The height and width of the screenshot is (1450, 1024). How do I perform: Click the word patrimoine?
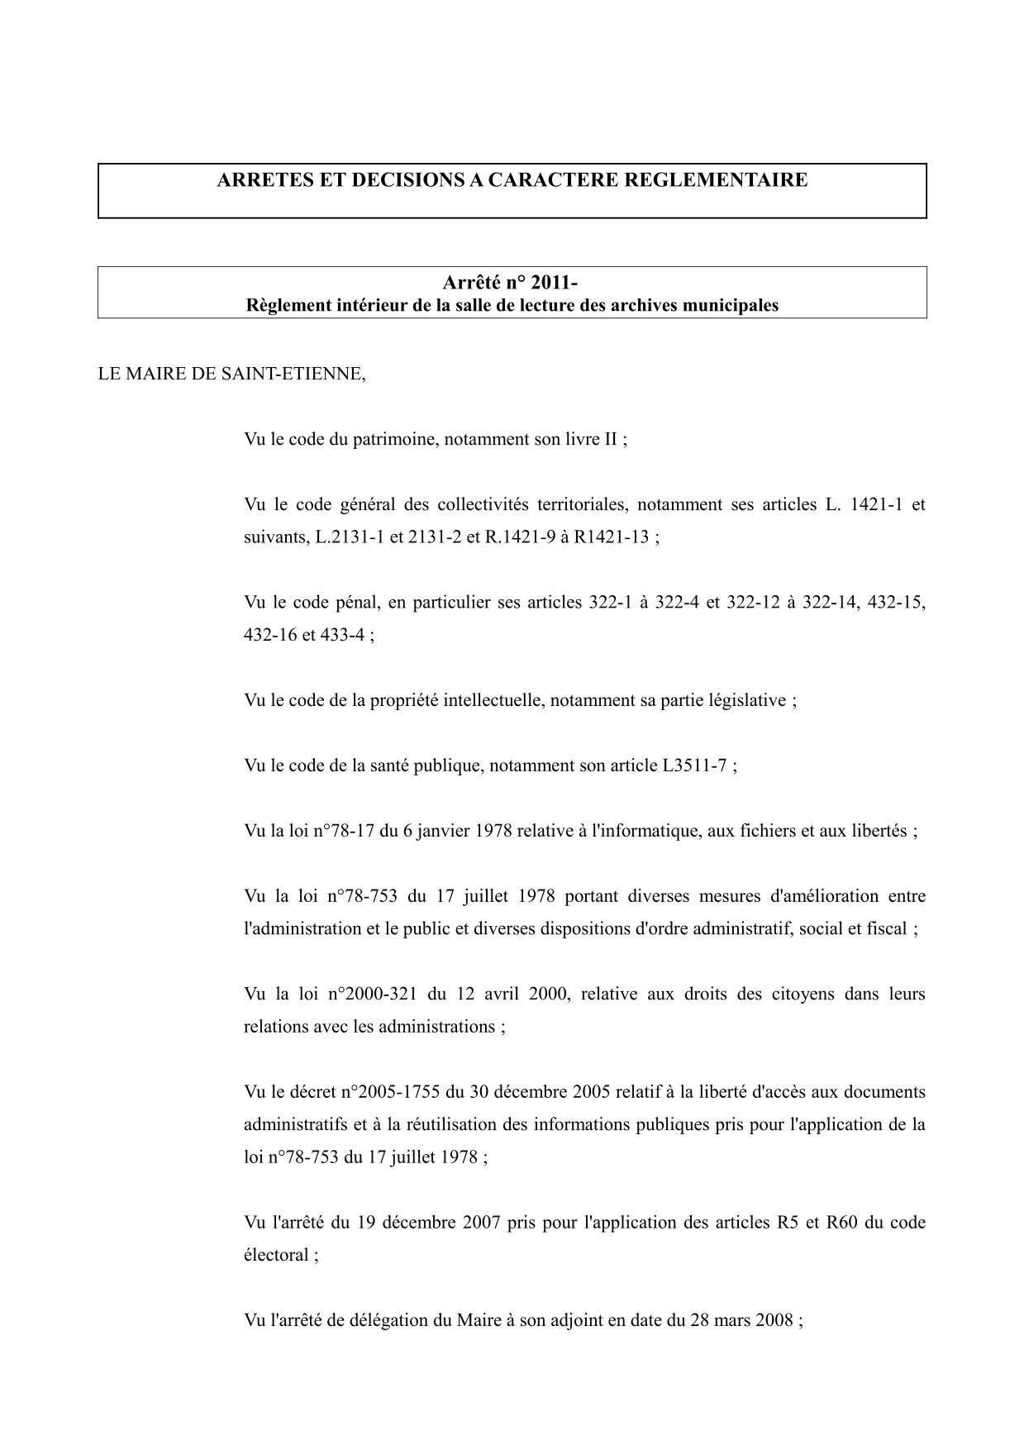click(396, 439)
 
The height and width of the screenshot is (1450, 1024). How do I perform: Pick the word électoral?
click(277, 1255)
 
